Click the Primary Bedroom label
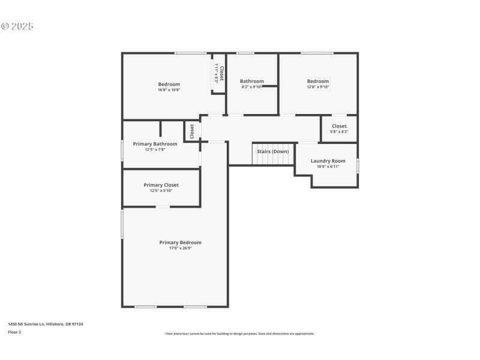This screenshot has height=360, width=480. (180, 242)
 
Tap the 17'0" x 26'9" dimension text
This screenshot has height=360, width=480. (180, 248)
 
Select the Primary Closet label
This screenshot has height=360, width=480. (161, 185)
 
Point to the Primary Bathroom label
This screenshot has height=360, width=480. (155, 144)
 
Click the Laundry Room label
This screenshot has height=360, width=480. (328, 161)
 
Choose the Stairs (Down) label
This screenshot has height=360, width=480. (273, 151)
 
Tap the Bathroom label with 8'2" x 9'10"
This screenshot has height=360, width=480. (252, 81)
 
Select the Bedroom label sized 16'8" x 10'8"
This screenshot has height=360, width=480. (169, 84)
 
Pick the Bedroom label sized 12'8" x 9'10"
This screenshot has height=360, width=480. (318, 81)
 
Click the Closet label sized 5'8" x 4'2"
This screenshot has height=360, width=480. (339, 126)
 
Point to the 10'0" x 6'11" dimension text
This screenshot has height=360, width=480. (328, 166)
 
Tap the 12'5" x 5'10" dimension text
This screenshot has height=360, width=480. (161, 191)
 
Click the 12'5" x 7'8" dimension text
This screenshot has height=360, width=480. (155, 149)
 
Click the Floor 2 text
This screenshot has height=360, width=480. (14, 332)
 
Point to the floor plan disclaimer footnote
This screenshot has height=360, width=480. (240, 334)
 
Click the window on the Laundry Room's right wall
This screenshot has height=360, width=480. (358, 166)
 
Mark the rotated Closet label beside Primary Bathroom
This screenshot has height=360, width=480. (192, 131)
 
